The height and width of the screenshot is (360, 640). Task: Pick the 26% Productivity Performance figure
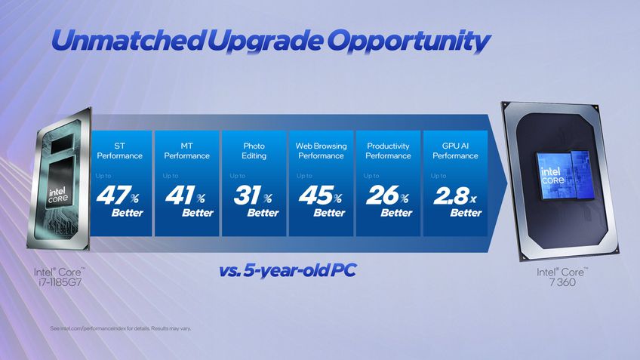pos(386,197)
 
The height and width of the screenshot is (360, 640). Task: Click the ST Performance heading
pos(119,150)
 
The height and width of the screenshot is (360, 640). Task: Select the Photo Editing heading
pos(254,150)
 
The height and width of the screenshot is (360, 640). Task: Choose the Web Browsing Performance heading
pos(321,150)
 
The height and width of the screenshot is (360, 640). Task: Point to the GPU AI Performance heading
pos(455,150)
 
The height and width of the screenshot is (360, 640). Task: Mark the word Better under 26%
pos(396,213)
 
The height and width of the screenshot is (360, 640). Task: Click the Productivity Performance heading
pos(388,150)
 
